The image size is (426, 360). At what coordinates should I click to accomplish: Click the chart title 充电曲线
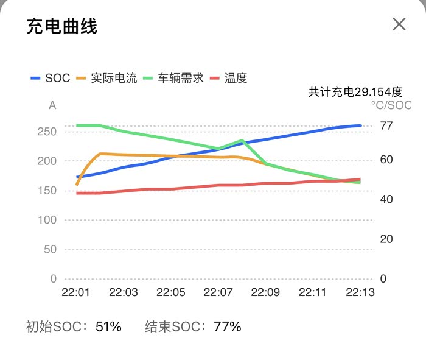[x=62, y=26]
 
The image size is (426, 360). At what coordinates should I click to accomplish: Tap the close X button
[x=399, y=24]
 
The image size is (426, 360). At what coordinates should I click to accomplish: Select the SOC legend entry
[x=51, y=78]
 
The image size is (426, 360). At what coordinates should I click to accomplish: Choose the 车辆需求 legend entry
[x=174, y=78]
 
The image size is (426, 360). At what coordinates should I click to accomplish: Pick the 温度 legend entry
[x=229, y=78]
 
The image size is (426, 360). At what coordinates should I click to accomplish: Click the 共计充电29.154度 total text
[x=355, y=92]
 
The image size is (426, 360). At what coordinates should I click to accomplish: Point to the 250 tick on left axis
[x=47, y=132]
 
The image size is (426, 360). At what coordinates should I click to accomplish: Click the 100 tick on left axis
[x=47, y=220]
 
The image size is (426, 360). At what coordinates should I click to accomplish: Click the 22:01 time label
[x=75, y=292]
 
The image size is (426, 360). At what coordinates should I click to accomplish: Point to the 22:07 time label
[x=218, y=292]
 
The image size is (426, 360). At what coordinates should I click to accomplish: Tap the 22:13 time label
[x=360, y=292]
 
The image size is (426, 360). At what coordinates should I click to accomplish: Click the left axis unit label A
[x=52, y=105]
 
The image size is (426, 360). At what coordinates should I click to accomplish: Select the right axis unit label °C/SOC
[x=391, y=105]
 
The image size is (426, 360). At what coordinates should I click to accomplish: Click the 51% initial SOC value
[x=109, y=326]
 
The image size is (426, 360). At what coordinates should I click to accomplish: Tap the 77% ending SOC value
[x=228, y=326]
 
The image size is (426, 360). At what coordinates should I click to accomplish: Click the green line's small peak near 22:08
[x=242, y=141]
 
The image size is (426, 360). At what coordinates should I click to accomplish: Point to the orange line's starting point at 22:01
[x=77, y=184]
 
